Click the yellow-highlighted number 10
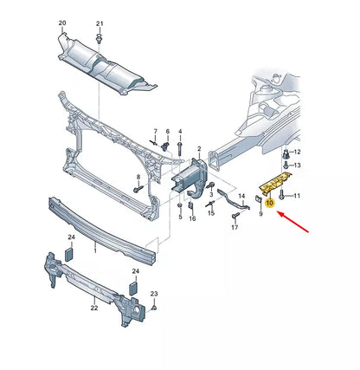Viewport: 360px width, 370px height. [270, 203]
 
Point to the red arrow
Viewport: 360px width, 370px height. [292, 222]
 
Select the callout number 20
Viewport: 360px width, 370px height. [62, 23]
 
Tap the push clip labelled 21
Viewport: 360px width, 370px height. [100, 38]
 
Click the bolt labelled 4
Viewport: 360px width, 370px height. [180, 148]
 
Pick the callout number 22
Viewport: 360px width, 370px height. [94, 308]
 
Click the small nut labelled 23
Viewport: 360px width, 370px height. [154, 308]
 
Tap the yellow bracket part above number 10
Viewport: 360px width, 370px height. [275, 182]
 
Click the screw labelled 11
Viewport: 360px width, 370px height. [282, 195]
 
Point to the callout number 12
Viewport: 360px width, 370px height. [297, 152]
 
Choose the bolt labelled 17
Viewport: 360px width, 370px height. [235, 215]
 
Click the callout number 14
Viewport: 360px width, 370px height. [241, 196]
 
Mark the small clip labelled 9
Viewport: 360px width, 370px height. [258, 198]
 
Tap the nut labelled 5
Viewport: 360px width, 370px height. [180, 205]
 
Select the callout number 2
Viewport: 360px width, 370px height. [199, 149]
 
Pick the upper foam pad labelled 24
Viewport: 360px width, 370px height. [69, 255]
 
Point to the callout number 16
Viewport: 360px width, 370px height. [192, 218]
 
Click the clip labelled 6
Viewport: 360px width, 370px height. [165, 146]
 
